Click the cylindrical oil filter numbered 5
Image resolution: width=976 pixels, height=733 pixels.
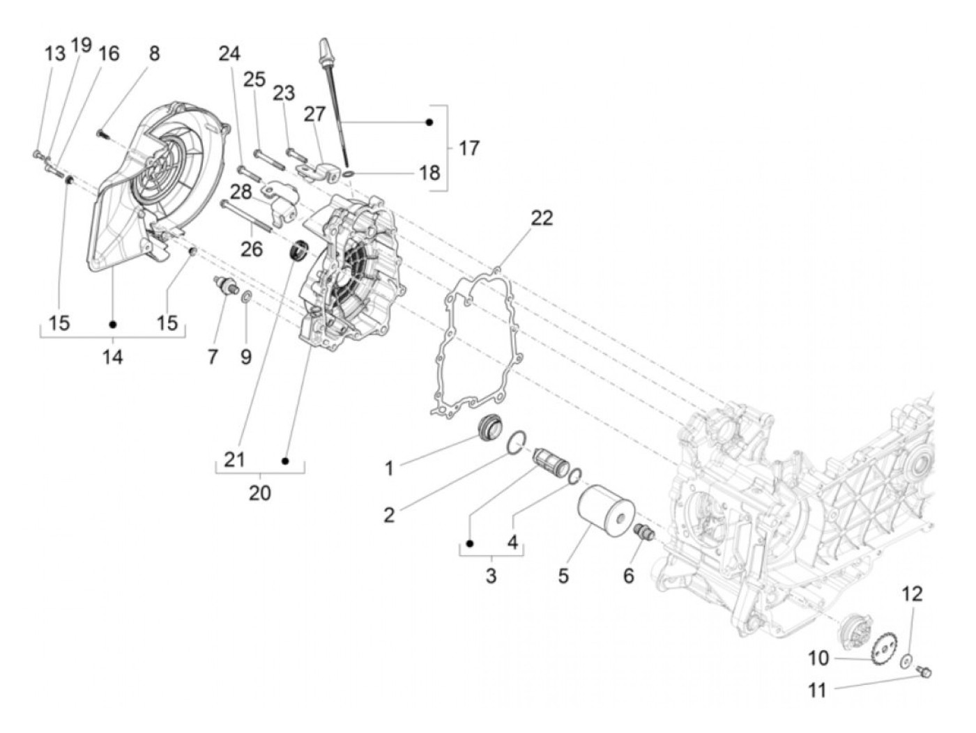pyautogui.click(x=605, y=517)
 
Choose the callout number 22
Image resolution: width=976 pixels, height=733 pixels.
pyautogui.click(x=541, y=218)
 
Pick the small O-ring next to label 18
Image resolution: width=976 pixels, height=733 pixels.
pyautogui.click(x=349, y=172)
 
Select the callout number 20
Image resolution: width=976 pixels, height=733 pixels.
pyautogui.click(x=259, y=493)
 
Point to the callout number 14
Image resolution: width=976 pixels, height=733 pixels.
pyautogui.click(x=112, y=357)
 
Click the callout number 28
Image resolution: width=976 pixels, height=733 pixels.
pyautogui.click(x=241, y=193)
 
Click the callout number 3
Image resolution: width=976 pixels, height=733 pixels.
pyautogui.click(x=491, y=576)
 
